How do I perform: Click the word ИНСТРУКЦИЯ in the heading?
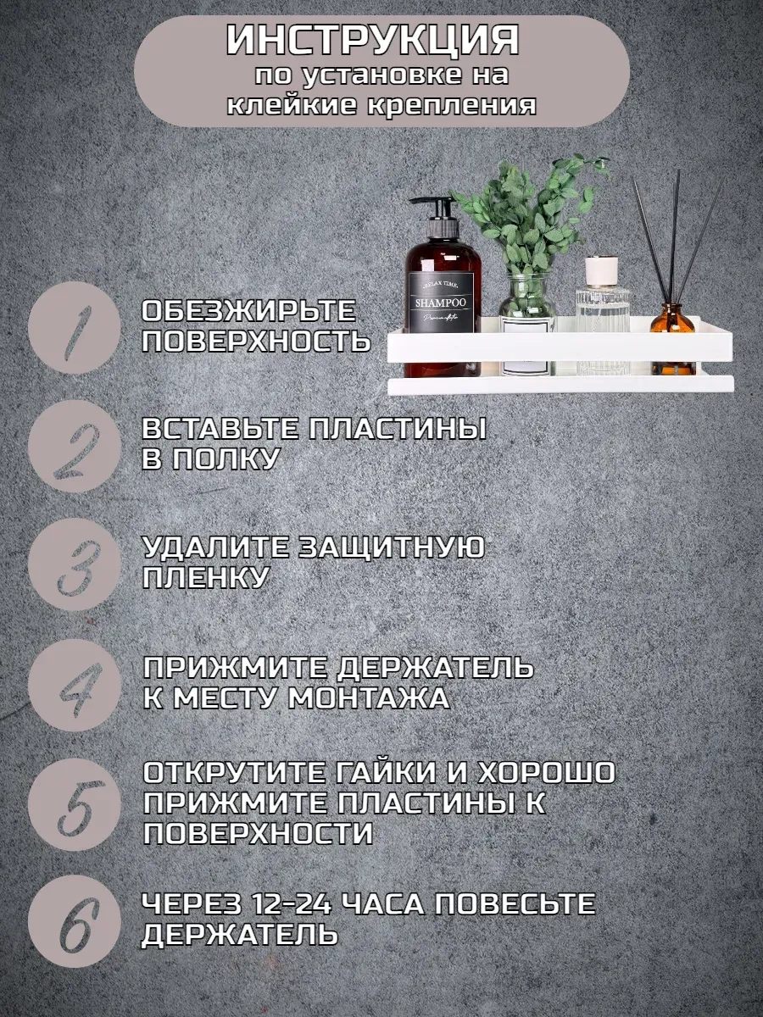click(x=372, y=40)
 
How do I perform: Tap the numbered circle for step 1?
click(x=74, y=328)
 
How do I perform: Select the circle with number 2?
click(x=74, y=446)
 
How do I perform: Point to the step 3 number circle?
click(x=74, y=564)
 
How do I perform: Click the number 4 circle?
click(x=74, y=686)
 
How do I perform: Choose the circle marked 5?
click(x=74, y=804)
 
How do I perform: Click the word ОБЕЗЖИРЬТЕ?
click(x=248, y=310)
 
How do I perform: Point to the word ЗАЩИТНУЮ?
click(x=391, y=547)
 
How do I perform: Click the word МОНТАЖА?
click(x=369, y=698)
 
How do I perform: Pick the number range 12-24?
click(x=292, y=904)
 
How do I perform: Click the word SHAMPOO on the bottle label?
click(x=441, y=303)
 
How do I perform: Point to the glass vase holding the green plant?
click(x=527, y=325)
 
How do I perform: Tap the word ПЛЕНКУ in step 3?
click(x=205, y=577)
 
